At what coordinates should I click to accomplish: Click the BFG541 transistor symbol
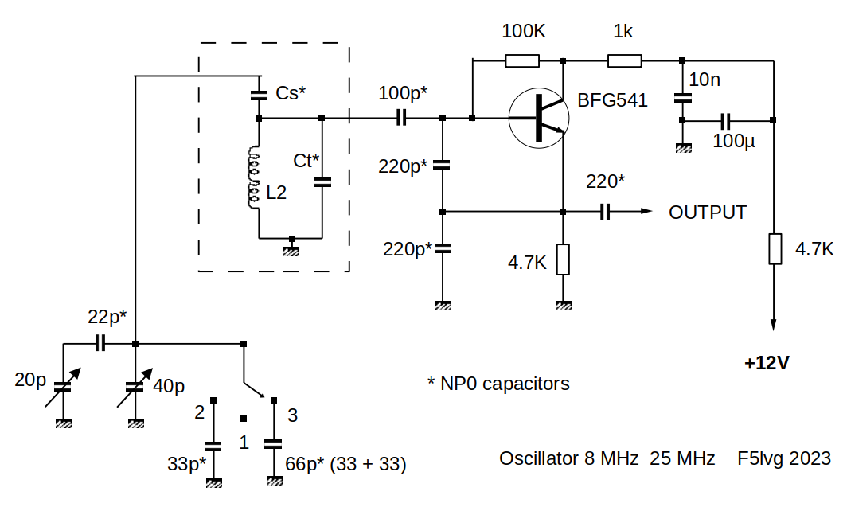pyautogui.click(x=542, y=118)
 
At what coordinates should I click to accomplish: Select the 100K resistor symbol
pyautogui.click(x=522, y=60)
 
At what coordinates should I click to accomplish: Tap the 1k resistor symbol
pyautogui.click(x=624, y=60)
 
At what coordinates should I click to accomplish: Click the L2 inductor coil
pyautogui.click(x=254, y=179)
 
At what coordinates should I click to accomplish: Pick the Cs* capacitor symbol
pyautogui.click(x=259, y=95)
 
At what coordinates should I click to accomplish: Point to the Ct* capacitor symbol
pyautogui.click(x=322, y=181)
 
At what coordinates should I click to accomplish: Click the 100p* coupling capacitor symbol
pyautogui.click(x=401, y=119)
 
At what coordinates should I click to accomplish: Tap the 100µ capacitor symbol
pyautogui.click(x=725, y=121)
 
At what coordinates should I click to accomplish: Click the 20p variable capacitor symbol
pyautogui.click(x=62, y=388)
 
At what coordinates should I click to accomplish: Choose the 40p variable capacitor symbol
pyautogui.click(x=136, y=388)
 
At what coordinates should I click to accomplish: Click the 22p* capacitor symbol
pyautogui.click(x=100, y=344)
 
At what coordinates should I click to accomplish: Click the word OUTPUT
pyautogui.click(x=707, y=213)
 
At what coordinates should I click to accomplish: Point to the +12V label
pyautogui.click(x=767, y=363)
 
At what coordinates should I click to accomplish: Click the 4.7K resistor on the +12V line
pyautogui.click(x=774, y=248)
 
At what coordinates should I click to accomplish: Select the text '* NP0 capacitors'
pyautogui.click(x=498, y=384)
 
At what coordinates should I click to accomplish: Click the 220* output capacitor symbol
pyautogui.click(x=605, y=212)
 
